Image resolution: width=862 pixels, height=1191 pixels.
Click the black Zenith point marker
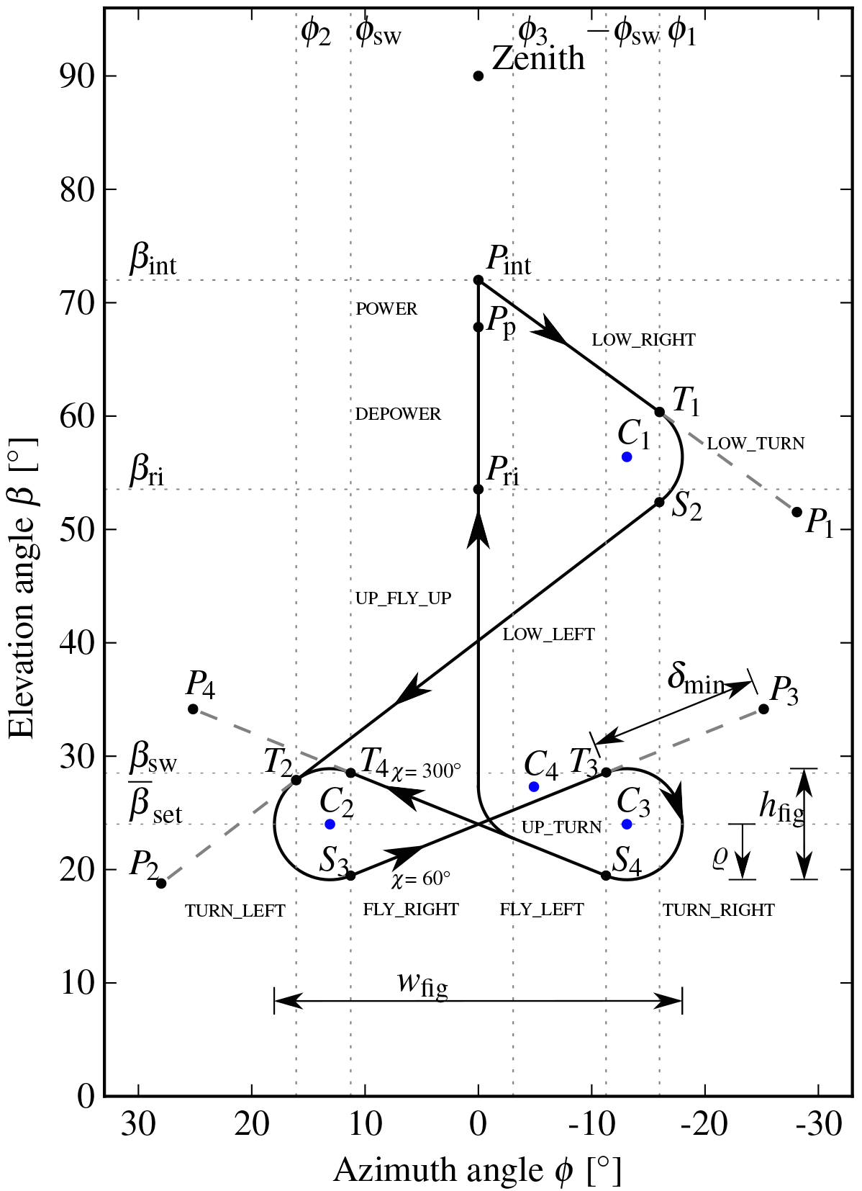478,76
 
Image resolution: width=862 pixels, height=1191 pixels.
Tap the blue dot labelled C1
627,457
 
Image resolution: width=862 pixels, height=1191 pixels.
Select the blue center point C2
330,824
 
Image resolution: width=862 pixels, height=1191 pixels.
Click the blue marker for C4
534,786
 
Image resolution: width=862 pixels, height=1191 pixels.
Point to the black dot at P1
797,512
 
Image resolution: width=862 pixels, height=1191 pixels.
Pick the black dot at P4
193,709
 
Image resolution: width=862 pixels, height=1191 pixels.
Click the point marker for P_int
478,279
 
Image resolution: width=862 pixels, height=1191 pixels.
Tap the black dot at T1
659,412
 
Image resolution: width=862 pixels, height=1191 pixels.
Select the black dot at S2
659,502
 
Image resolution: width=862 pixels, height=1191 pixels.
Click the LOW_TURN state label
756,444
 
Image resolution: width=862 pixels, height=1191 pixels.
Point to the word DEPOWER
398,414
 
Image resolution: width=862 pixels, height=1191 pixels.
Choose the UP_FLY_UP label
403,598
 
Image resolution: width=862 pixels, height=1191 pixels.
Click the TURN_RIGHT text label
719,910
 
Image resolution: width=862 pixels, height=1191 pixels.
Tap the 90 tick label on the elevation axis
76,76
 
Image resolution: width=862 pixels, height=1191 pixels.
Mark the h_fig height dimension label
781,808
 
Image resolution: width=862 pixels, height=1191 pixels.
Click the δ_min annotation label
695,679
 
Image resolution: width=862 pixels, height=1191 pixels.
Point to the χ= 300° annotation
427,771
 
